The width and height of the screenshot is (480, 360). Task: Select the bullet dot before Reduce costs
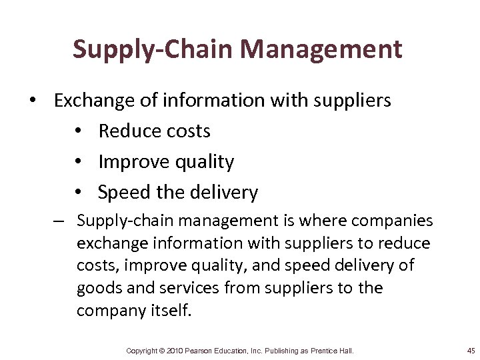point(79,131)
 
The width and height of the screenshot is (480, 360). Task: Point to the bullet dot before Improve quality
point(79,162)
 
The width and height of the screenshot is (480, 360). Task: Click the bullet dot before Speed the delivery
point(79,193)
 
